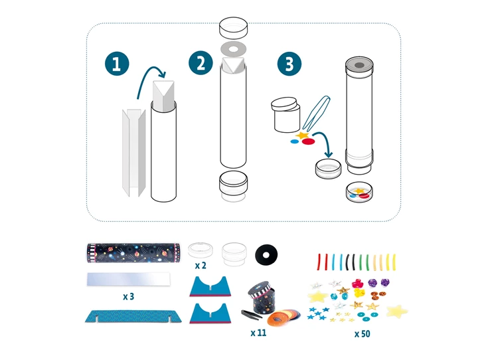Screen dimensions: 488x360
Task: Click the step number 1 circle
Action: pos(117,64)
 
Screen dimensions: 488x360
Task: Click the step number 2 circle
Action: pos(201,64)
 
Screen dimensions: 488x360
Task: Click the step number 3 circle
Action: pos(289,64)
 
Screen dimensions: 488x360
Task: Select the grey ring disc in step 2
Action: pos(234,49)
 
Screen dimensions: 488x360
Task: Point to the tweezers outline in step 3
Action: pos(316,113)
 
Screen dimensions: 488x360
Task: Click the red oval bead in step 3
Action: pos(309,141)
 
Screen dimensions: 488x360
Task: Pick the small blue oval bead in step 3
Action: pos(294,141)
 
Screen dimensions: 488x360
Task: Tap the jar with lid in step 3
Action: pos(285,115)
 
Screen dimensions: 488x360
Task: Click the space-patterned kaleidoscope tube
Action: pos(133,253)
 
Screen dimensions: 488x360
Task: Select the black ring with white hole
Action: pos(266,255)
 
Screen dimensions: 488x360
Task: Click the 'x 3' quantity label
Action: pos(128,296)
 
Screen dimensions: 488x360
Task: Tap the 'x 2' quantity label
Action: pos(201,266)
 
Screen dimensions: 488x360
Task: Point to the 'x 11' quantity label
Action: pos(258,333)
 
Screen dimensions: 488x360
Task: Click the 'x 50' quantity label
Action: pos(363,334)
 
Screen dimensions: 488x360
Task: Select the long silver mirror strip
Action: pos(129,279)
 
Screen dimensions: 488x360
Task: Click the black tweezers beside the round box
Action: pos(252,314)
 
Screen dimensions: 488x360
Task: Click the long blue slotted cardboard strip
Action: pos(133,316)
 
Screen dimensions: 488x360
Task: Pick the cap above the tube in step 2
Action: pos(234,27)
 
